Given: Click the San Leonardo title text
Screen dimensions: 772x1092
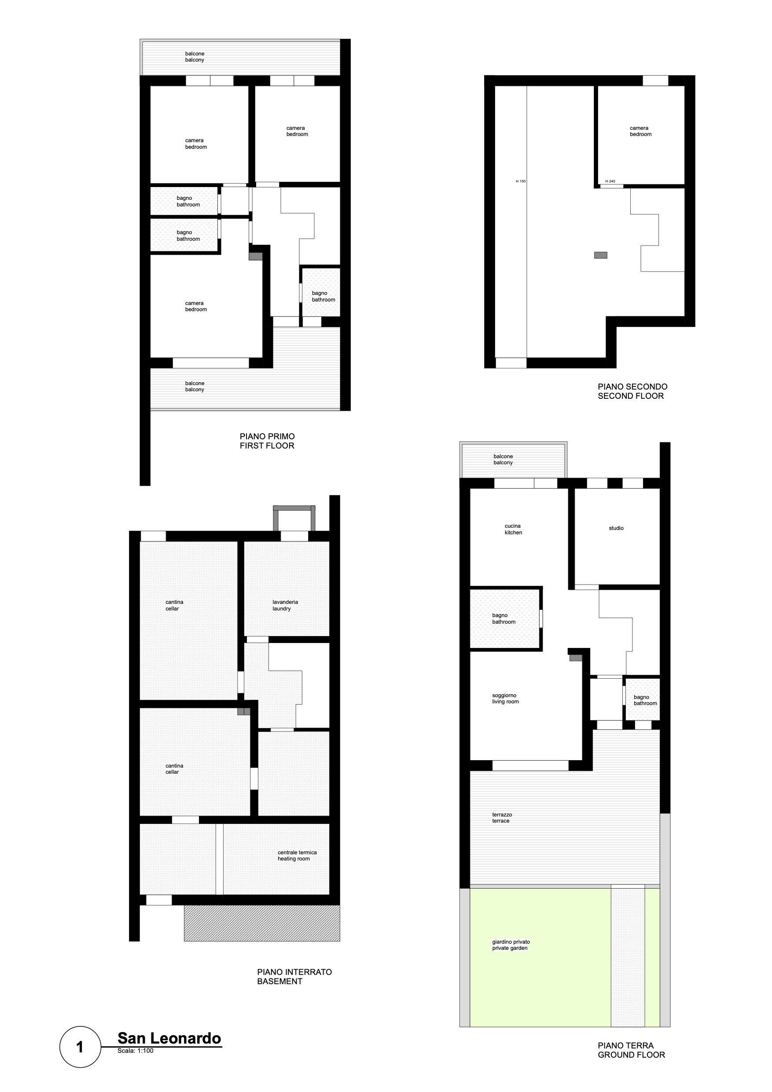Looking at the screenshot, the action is (x=169, y=1038).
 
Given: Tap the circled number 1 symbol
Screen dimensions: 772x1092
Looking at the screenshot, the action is (x=80, y=1047).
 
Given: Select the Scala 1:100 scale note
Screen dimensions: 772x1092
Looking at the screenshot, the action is (x=136, y=1051).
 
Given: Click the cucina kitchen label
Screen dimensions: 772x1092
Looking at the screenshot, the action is (x=513, y=529).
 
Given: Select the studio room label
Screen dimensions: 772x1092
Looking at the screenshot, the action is (x=616, y=528).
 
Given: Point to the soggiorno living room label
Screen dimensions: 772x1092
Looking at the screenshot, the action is (x=505, y=699).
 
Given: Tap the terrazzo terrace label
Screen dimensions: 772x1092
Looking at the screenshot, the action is (x=502, y=818).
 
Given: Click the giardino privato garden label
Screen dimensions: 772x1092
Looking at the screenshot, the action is (x=511, y=945).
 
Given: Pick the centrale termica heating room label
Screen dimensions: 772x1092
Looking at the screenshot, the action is (x=297, y=856).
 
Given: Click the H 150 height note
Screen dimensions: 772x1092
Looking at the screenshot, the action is (x=521, y=181).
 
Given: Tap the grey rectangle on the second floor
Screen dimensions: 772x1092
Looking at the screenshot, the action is (x=601, y=255).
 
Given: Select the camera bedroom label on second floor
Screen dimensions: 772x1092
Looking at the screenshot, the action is (x=640, y=131).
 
